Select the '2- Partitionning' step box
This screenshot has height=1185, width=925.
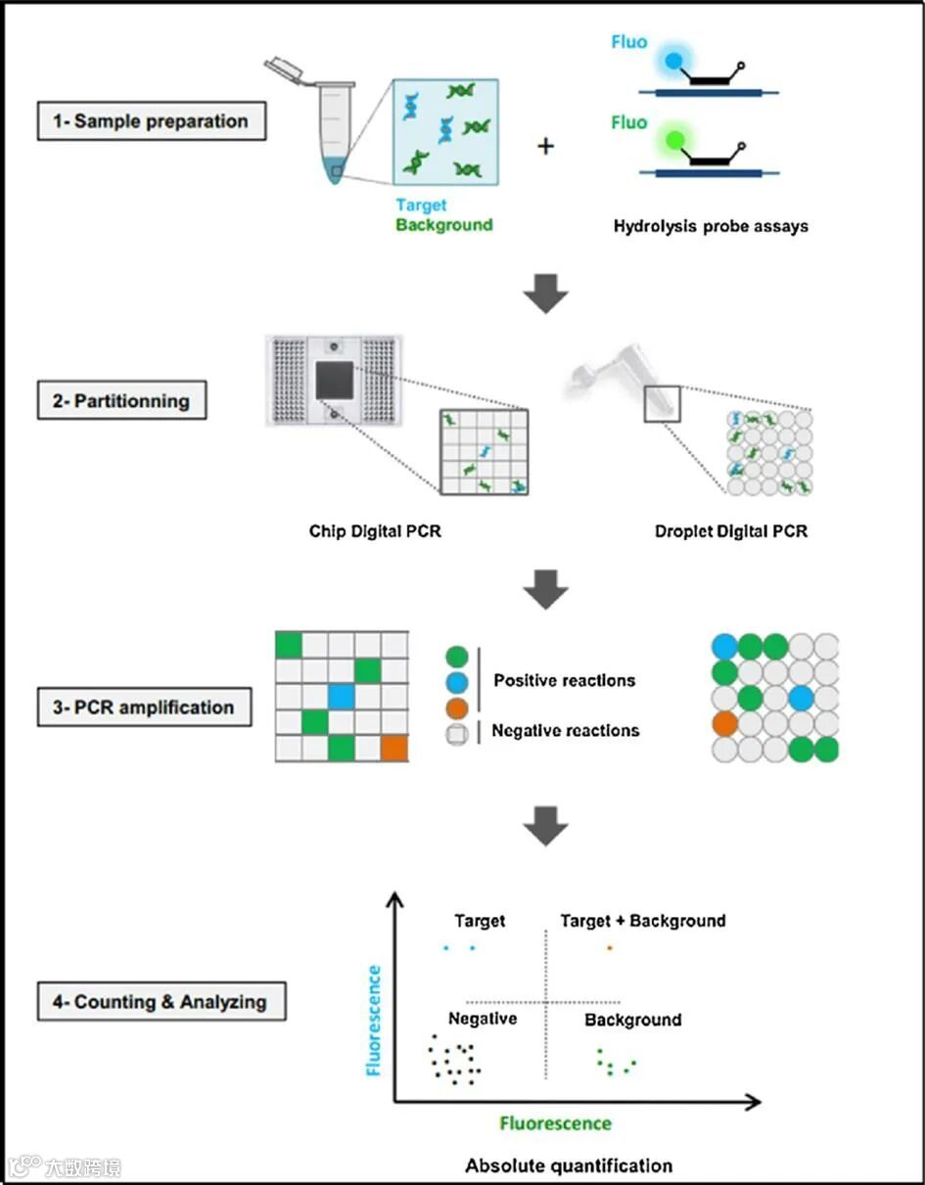tap(121, 401)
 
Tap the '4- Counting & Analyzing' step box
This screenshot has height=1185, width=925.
tap(162, 1002)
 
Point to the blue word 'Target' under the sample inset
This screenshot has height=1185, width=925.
tap(421, 205)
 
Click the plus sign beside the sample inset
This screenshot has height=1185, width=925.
tap(545, 146)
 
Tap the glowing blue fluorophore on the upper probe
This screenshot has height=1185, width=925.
tap(672, 61)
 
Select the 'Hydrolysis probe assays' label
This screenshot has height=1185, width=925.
tap(711, 226)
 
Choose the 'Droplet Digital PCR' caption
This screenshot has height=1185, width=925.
tap(731, 532)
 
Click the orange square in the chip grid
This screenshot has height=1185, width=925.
tap(394, 749)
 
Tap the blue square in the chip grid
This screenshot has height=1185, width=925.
tap(341, 697)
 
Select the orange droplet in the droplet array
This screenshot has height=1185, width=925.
tap(724, 725)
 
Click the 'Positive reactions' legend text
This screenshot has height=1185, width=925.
tap(564, 680)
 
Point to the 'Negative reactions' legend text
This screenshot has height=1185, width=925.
tap(565, 730)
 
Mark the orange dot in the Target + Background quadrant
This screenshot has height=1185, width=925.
tap(609, 947)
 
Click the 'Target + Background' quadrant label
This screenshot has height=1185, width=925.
tap(642, 921)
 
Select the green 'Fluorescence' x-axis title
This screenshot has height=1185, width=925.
tap(555, 1123)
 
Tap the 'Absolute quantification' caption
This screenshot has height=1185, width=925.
tap(569, 1165)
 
